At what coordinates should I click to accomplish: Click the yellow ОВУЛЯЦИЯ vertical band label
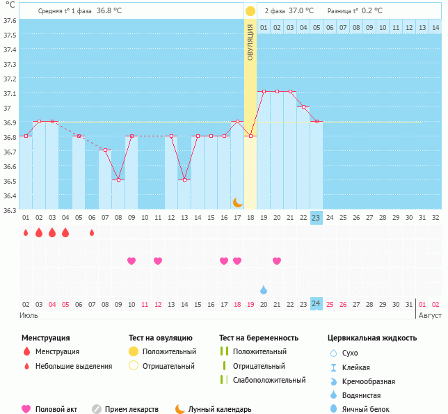click(x=250, y=42)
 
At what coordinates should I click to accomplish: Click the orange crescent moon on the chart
click(x=238, y=202)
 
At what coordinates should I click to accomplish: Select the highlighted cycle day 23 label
click(x=317, y=218)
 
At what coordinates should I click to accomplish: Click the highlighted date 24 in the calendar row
click(x=317, y=304)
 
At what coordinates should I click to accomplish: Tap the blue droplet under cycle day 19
click(x=264, y=289)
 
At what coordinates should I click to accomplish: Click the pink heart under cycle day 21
click(x=277, y=261)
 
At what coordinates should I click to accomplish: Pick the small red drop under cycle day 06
click(x=92, y=232)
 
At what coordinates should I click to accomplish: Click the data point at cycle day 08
click(x=118, y=180)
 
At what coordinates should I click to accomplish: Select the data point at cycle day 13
click(x=184, y=180)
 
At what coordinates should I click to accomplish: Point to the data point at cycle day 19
click(x=264, y=91)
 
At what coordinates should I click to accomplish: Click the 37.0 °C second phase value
click(x=301, y=11)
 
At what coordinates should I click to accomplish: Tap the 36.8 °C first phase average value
click(x=109, y=11)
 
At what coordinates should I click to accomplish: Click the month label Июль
click(x=29, y=315)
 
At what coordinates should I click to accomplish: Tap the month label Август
click(x=428, y=315)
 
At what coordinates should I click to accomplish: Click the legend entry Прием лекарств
click(x=131, y=410)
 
